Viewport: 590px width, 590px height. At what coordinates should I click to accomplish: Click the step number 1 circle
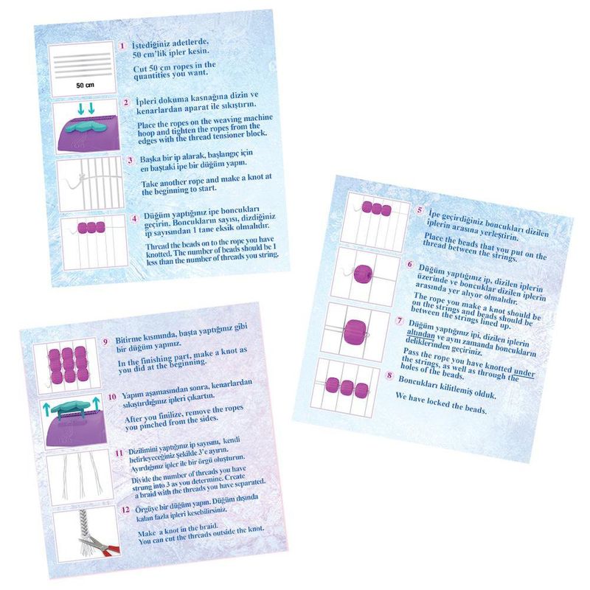tap(122, 46)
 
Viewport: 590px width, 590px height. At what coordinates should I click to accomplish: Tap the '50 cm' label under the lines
tap(85, 86)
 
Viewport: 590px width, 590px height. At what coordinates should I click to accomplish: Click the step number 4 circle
tap(134, 219)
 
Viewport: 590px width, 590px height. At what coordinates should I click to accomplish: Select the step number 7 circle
tap(399, 321)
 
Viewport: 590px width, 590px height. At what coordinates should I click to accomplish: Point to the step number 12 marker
tap(125, 510)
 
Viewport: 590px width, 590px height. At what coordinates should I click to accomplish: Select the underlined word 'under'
tap(524, 372)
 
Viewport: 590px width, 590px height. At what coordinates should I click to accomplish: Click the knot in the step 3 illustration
tap(80, 177)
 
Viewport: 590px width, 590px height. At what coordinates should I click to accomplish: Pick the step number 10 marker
tap(112, 397)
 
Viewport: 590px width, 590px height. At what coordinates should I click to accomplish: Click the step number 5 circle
tap(420, 210)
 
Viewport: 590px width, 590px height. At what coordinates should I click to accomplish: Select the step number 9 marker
tap(105, 341)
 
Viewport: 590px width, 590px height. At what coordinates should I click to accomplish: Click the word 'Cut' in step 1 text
tap(140, 69)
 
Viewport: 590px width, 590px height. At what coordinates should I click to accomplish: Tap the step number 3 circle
tap(131, 160)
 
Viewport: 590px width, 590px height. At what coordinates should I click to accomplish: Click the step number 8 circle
tap(389, 375)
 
